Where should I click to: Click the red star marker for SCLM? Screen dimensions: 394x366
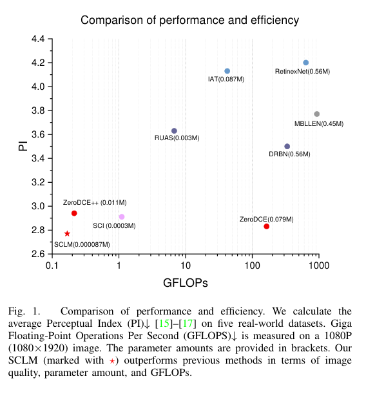67,233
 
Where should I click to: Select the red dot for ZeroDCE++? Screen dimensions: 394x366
74,213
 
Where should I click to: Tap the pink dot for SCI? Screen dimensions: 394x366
122,217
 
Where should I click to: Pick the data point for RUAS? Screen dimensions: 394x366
174,131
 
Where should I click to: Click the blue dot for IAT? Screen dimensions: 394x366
227,71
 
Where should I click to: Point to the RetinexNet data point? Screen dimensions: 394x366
305,63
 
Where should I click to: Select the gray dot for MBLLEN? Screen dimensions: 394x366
316,114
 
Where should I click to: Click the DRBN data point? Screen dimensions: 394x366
287,147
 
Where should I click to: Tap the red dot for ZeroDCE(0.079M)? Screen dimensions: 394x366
267,226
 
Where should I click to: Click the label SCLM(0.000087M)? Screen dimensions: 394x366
82,244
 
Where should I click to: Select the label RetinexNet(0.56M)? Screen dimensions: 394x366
302,72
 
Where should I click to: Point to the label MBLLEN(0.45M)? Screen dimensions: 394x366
319,123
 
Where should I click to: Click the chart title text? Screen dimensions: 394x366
189,20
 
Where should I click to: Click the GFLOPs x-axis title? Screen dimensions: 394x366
184,283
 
